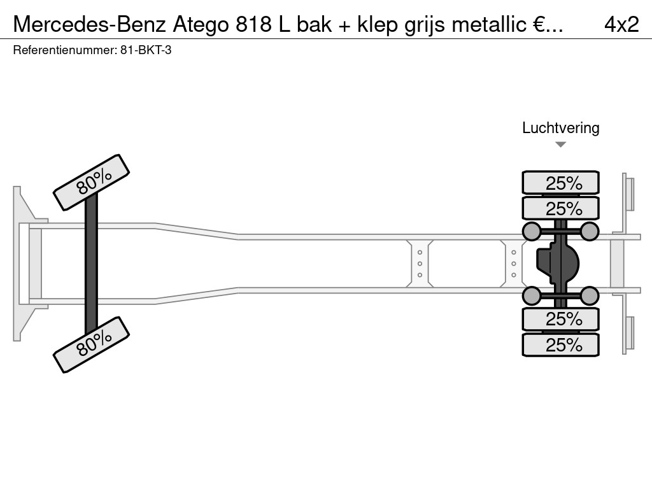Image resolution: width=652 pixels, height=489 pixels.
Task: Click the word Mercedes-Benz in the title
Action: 89,24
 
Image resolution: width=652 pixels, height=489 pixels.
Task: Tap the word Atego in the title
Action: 201,25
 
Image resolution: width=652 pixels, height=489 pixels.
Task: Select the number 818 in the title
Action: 253,24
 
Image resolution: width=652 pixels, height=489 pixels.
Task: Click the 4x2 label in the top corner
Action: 621,25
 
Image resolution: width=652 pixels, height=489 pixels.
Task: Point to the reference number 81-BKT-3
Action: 146,50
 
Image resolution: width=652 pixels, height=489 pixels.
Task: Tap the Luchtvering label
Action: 560,128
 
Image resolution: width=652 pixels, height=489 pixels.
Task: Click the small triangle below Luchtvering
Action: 560,145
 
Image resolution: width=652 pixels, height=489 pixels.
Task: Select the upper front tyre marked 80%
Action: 92,183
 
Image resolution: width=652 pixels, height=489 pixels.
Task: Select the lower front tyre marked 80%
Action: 92,344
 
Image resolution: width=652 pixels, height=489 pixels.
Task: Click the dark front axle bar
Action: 91,264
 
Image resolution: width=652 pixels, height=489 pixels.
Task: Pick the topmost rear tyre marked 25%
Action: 560,182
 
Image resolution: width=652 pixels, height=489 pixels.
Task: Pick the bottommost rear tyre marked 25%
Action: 560,344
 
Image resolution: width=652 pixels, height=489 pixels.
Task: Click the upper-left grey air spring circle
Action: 532,231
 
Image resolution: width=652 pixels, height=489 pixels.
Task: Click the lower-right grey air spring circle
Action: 589,296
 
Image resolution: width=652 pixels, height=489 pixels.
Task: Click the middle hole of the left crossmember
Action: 420,264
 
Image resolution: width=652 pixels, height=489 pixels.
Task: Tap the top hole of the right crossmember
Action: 514,252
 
